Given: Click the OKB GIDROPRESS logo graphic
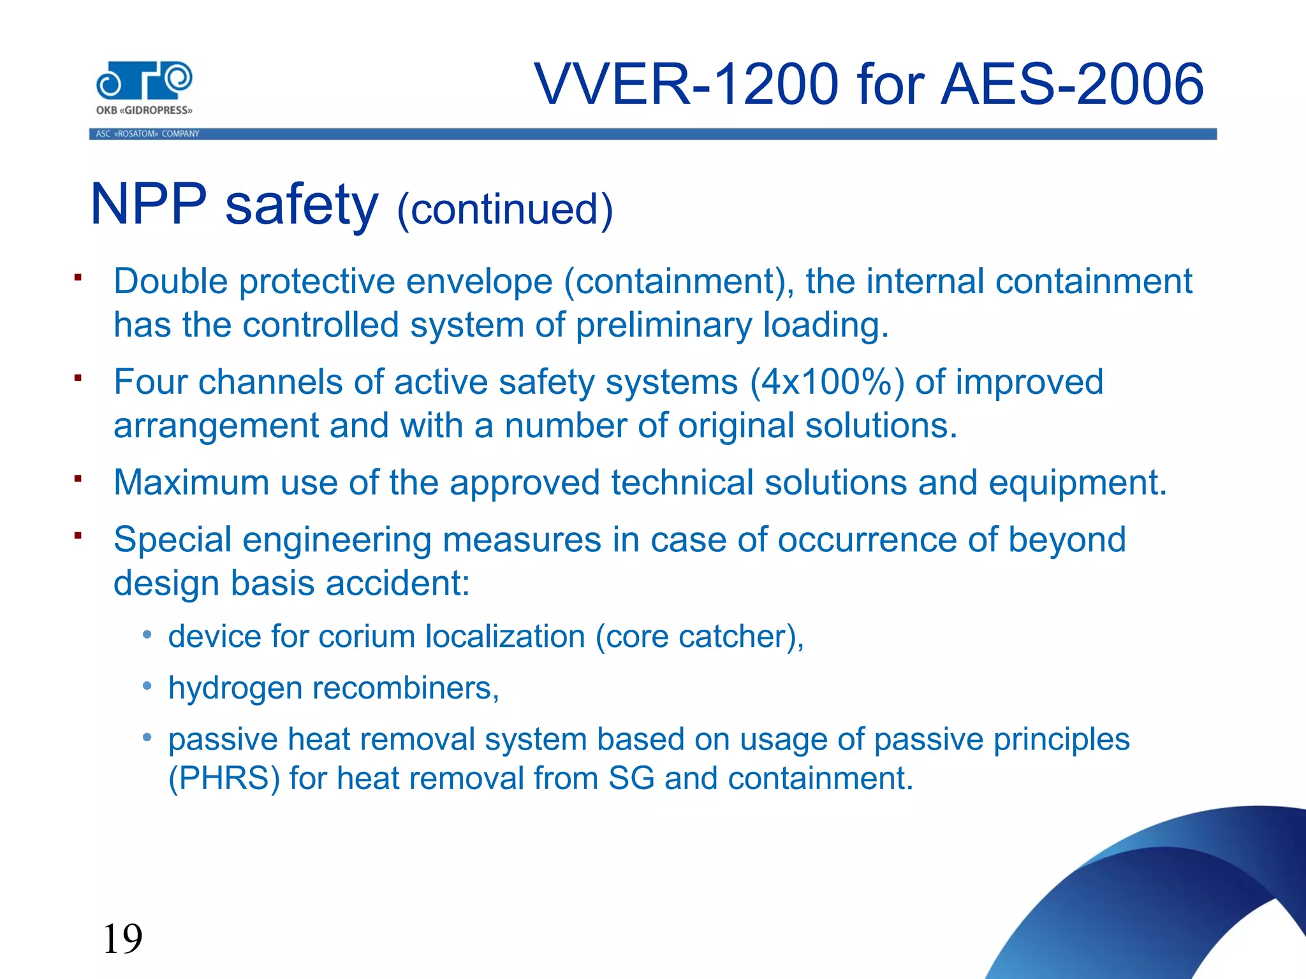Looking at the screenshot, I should point(144,82).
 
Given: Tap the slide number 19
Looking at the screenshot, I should point(122,939).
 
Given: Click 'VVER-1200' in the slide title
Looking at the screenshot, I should point(686,85).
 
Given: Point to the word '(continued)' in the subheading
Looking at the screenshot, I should point(505,210).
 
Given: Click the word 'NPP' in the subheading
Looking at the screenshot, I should point(149,205).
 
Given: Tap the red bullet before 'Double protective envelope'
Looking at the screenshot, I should point(78,277).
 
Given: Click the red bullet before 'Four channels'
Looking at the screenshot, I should point(78,378).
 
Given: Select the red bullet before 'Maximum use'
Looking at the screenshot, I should point(78,478).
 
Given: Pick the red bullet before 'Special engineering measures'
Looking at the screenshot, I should point(78,535).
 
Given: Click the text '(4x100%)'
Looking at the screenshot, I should point(827,382).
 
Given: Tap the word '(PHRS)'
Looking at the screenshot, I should point(224,779).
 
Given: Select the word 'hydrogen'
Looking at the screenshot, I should point(235,688).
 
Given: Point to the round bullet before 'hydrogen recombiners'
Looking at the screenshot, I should point(147,686).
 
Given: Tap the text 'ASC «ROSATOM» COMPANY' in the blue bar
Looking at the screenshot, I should point(147,134).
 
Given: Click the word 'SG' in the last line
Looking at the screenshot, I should point(631,778).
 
